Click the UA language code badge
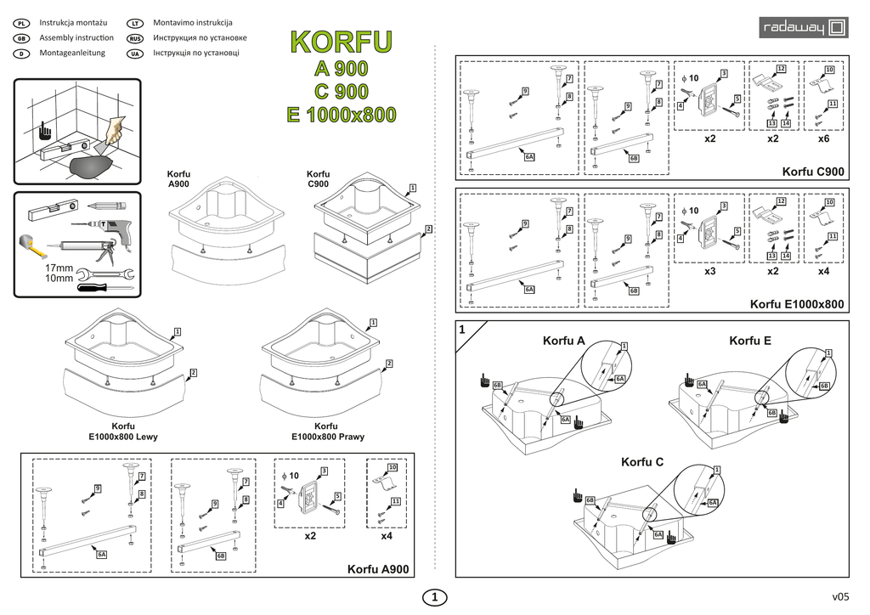coord(134,54)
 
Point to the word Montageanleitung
coord(72,53)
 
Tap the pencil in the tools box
coord(105,206)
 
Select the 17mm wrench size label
coord(59,268)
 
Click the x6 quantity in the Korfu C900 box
coord(823,138)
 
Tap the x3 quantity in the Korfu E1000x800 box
coord(710,272)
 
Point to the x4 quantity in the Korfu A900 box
coord(387,536)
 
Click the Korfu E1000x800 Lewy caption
coord(123,432)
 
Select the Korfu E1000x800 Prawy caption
coord(326,432)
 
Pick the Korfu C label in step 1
coord(641,462)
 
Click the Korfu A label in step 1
coord(563,341)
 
